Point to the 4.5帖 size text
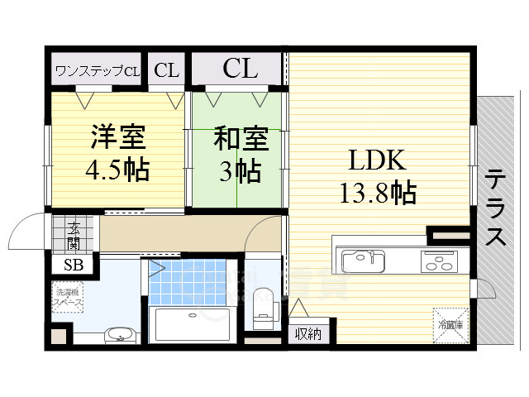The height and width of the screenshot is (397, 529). point(117,170)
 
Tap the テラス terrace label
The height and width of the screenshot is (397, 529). point(496,207)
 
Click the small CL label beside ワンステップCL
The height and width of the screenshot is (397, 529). point(166,70)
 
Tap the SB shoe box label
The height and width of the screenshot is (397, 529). point(73,265)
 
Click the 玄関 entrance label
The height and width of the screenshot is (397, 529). point(74,235)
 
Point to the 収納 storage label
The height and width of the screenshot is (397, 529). point(309,334)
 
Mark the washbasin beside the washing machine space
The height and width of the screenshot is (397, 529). point(120,335)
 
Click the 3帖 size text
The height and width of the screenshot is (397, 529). point(239,171)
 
